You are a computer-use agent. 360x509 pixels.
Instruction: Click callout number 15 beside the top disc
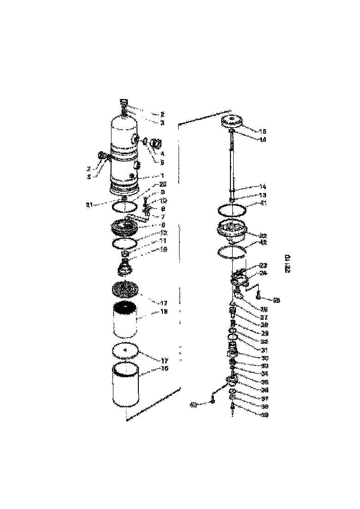263,131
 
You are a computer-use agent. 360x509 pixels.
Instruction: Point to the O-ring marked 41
232,210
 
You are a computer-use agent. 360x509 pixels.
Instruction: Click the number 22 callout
263,236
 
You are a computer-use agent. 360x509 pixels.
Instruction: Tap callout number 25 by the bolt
276,300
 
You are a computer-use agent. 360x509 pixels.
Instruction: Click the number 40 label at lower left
193,405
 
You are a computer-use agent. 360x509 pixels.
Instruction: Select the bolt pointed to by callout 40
211,398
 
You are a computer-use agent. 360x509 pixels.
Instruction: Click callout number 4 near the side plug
162,153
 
